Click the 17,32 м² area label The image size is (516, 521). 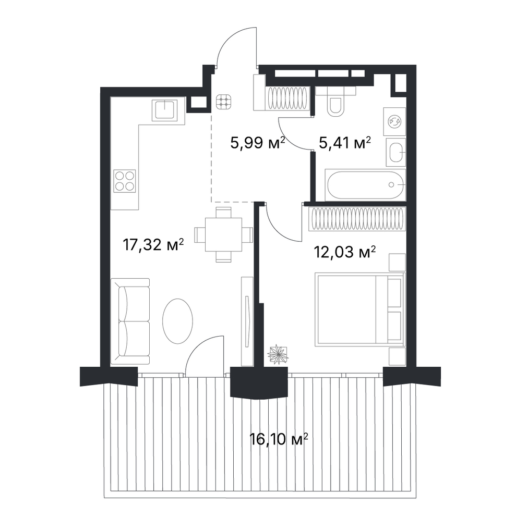click(x=153, y=245)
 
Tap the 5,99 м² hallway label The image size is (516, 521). click(x=258, y=143)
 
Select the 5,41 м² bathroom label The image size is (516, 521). click(x=345, y=143)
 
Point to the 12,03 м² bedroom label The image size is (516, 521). click(x=345, y=252)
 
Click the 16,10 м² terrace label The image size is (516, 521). click(x=279, y=439)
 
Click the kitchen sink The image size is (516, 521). click(x=164, y=110)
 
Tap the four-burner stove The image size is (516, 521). click(x=124, y=181)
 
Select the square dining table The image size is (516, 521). click(x=223, y=234)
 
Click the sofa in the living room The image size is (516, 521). click(x=130, y=321)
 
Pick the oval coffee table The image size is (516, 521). click(x=178, y=321)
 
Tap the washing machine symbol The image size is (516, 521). click(x=394, y=121)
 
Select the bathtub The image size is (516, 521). click(x=366, y=185)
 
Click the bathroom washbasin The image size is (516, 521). click(x=396, y=153)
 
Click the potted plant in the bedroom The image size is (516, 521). click(x=278, y=354)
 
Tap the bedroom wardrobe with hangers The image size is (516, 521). click(x=357, y=219)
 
